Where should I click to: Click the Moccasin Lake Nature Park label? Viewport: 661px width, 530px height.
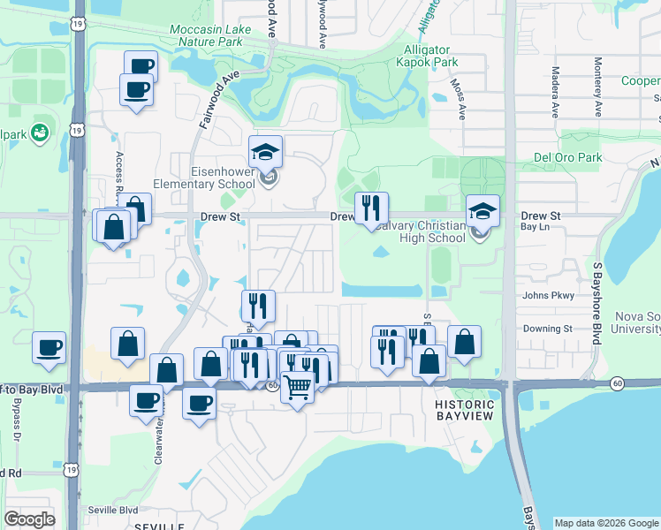tap(210, 35)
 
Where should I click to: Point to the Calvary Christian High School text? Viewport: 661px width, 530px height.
tap(418, 231)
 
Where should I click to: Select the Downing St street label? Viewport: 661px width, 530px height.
tap(549, 329)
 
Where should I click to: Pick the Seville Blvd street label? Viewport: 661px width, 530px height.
tap(113, 511)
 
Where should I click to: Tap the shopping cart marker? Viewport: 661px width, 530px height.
tap(298, 386)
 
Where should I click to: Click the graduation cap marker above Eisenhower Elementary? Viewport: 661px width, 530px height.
tap(265, 153)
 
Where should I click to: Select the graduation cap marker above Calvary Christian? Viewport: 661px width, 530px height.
tap(482, 211)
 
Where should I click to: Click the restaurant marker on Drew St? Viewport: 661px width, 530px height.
tap(370, 208)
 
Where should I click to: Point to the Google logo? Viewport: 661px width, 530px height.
tap(29, 519)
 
